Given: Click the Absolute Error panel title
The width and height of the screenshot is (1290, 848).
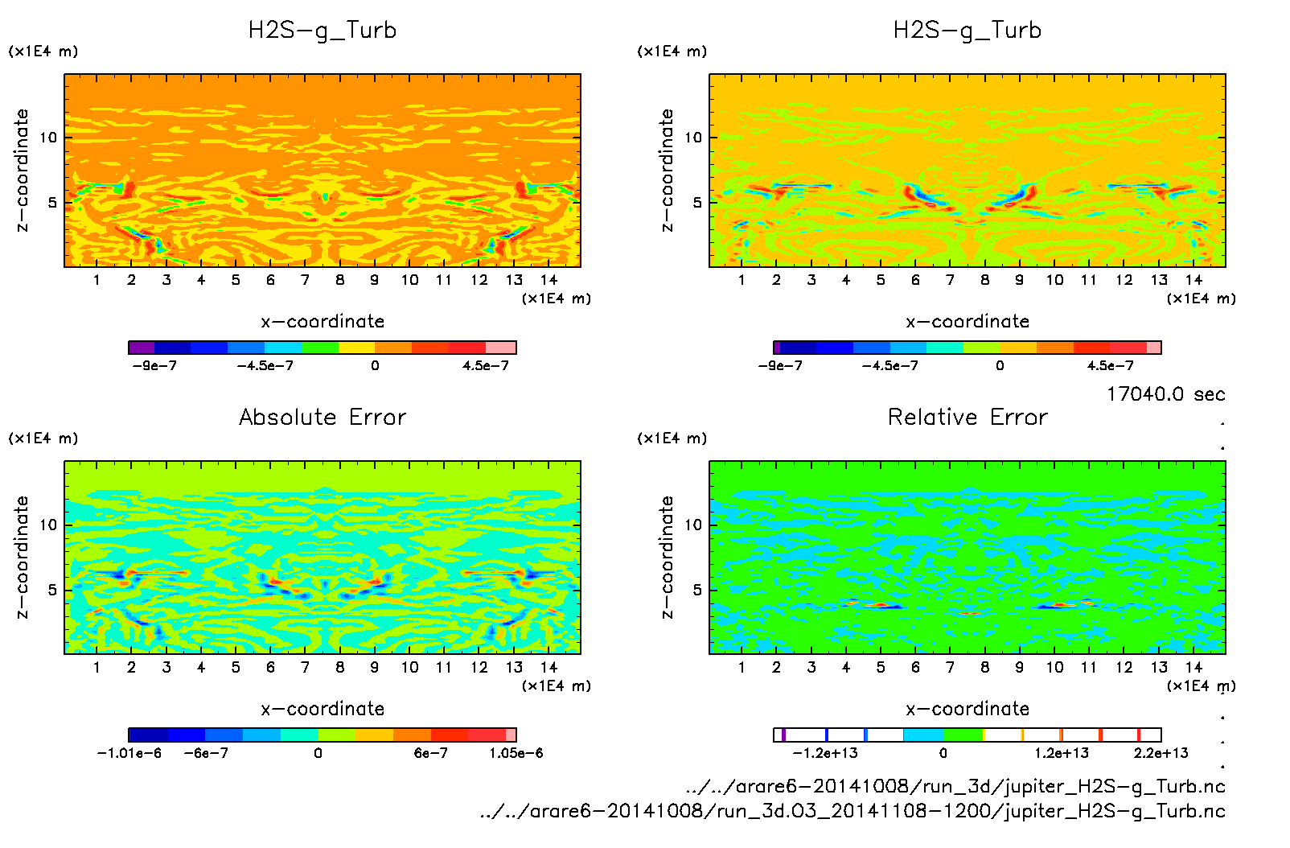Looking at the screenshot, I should click(x=322, y=417).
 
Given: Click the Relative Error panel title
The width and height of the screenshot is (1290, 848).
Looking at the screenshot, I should click(x=967, y=417).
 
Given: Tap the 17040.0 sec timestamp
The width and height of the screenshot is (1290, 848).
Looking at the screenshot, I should click(x=1165, y=394).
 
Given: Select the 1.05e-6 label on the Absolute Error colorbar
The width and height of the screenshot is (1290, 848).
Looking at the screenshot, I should click(x=516, y=753).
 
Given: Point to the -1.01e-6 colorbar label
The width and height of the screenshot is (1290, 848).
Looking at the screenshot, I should click(x=129, y=753).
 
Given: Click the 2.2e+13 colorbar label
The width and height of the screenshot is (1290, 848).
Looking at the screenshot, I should click(x=1161, y=753).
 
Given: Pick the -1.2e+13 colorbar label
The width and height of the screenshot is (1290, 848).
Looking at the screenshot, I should click(x=825, y=753).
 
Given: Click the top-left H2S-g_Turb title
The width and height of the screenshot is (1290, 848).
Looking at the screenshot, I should click(x=322, y=31).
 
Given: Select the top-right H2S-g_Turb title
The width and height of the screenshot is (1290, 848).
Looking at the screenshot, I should click(x=967, y=31).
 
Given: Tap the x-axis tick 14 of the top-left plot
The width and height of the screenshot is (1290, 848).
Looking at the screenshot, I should click(x=548, y=280).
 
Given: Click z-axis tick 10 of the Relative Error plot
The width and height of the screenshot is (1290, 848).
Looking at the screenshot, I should click(x=693, y=525).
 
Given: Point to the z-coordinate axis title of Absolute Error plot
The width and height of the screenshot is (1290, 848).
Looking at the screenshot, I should click(x=23, y=557).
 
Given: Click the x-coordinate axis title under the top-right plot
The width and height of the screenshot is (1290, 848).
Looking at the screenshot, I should click(x=967, y=322).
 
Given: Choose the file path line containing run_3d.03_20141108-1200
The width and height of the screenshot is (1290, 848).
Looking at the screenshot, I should click(x=852, y=811).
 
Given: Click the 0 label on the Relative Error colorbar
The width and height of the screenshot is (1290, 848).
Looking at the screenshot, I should click(x=943, y=753).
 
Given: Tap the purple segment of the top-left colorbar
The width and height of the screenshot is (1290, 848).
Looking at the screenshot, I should click(x=142, y=348).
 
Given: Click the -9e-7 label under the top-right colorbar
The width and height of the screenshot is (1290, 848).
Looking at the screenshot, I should click(x=780, y=365).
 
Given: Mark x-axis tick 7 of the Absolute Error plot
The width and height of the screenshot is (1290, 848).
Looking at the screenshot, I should click(x=305, y=667).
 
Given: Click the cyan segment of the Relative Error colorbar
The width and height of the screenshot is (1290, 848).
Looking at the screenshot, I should click(x=923, y=735).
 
